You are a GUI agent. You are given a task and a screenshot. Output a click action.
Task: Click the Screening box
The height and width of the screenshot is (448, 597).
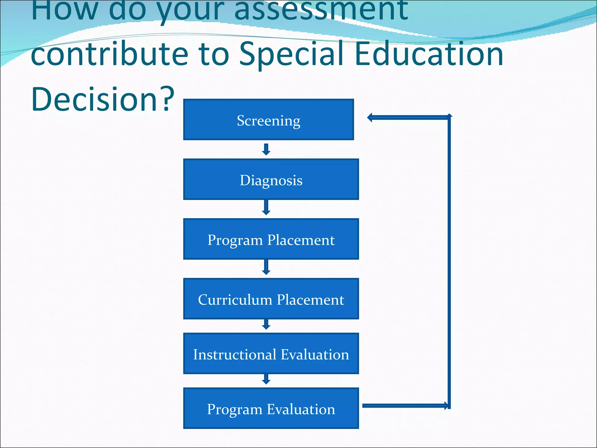(268, 120)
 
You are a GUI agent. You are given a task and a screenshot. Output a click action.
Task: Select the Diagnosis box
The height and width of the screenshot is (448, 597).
(271, 179)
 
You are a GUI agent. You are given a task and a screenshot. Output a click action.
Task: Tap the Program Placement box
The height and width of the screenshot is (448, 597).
(271, 239)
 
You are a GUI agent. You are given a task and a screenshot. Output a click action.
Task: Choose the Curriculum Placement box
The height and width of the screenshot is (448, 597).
(271, 299)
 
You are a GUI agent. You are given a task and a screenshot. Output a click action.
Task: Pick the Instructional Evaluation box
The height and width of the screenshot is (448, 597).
(271, 353)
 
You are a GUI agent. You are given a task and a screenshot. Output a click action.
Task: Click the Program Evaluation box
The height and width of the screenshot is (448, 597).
(271, 408)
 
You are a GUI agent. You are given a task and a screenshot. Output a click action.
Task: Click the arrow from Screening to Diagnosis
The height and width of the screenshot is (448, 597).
(266, 149)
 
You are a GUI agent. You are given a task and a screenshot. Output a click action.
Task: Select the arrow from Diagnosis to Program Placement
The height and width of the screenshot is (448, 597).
(266, 208)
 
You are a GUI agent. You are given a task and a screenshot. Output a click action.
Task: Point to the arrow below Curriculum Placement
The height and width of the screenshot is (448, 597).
(266, 324)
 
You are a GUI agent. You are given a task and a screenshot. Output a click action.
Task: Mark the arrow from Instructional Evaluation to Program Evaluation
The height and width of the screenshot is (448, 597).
(266, 379)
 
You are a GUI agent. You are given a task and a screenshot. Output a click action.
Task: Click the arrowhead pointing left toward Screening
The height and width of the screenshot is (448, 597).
(370, 118)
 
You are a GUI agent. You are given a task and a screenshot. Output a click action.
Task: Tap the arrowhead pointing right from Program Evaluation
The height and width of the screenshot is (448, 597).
(446, 405)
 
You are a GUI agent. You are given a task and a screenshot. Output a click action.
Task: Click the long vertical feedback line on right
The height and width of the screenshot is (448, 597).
(449, 262)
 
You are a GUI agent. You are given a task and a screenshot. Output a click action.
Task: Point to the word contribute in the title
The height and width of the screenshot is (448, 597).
(109, 54)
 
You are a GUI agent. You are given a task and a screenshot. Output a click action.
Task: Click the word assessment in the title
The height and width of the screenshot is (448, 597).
(321, 10)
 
